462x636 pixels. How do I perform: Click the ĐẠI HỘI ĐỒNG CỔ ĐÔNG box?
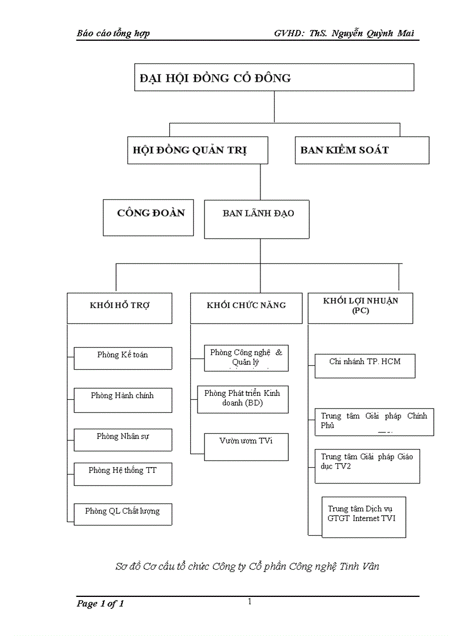click(274, 77)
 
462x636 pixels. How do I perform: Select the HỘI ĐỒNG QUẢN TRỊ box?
click(197, 150)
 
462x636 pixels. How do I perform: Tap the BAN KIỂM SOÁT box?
click(362, 150)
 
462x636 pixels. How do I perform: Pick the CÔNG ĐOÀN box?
click(148, 217)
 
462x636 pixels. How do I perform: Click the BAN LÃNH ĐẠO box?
click(256, 219)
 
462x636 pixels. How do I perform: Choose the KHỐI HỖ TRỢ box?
click(119, 308)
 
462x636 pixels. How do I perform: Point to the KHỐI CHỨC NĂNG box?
click(246, 308)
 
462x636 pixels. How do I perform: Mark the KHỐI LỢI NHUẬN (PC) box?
click(360, 308)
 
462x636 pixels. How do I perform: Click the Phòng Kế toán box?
click(123, 358)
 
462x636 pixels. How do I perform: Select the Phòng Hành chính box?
click(123, 399)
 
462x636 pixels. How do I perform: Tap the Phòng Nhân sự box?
click(123, 439)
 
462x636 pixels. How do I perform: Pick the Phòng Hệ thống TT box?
click(123, 473)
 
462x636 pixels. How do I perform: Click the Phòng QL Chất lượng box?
click(123, 514)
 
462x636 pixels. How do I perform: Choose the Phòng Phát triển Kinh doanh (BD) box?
click(242, 399)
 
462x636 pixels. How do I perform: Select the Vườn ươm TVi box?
click(246, 446)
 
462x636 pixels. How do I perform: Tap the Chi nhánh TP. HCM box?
click(365, 365)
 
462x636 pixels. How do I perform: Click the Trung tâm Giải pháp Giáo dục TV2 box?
click(367, 466)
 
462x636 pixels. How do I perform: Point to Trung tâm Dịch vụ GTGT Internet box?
click(363, 517)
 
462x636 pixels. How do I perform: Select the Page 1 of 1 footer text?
click(100, 604)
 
